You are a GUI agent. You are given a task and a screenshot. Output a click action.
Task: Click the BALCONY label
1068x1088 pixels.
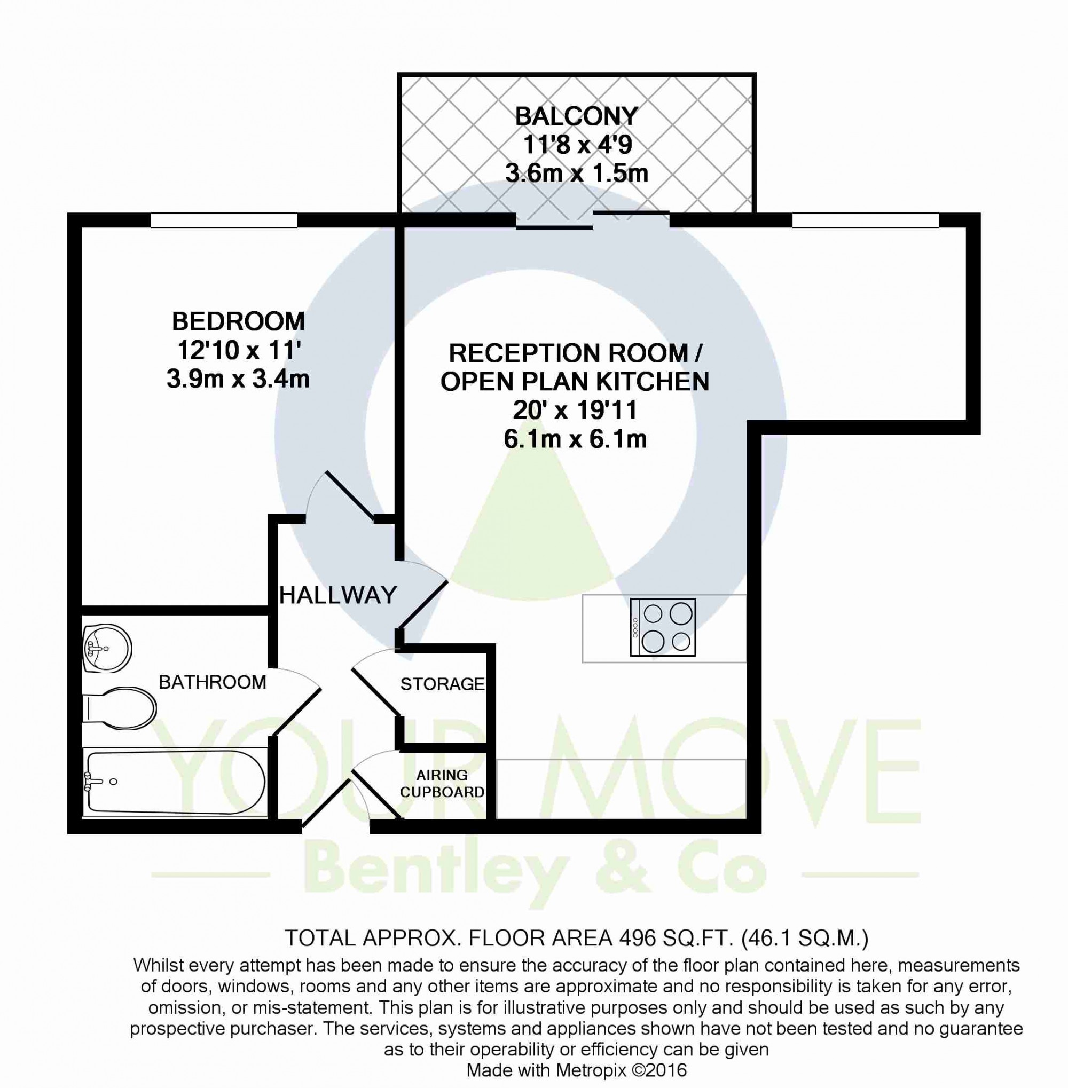pos(576,117)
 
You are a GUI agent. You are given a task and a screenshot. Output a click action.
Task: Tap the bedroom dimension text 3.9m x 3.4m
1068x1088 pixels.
pos(238,379)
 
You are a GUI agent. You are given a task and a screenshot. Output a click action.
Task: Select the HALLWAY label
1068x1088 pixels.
pos(337,595)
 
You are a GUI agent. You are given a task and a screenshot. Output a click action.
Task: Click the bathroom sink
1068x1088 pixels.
pos(107,649)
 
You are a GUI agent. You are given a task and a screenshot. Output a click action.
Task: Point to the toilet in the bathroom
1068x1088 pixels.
pos(119,709)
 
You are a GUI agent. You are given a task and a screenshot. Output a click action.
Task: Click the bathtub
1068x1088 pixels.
pos(174,782)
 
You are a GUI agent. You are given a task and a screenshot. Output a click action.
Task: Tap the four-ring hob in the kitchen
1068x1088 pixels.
pos(663,628)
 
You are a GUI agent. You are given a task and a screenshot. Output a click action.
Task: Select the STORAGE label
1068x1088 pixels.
pos(442,684)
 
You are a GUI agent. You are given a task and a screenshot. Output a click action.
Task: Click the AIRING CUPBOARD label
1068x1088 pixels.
pos(442,784)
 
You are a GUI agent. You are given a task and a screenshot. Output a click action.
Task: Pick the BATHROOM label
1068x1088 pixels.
pos(212,682)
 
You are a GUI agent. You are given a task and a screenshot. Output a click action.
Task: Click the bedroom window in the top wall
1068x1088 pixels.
pos(224,220)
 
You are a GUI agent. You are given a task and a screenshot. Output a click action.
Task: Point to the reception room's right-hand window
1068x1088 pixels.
pos(866,220)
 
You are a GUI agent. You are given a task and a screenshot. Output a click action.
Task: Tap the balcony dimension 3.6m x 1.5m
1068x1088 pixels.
pos(577,174)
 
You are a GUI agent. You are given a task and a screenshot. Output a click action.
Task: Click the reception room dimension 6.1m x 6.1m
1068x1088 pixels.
pos(576,439)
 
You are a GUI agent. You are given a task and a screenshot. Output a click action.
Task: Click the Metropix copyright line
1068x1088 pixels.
pos(577,1070)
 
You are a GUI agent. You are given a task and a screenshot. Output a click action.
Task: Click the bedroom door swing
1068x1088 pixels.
pos(349,496)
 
